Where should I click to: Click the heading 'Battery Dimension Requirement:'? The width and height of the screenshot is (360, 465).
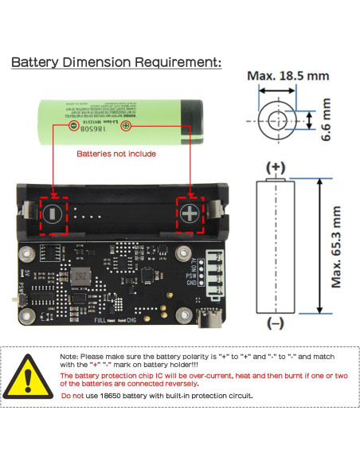point(115,63)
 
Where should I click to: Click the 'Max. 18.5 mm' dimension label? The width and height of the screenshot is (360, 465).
point(288,76)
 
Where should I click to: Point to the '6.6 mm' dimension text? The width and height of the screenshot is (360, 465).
point(325,119)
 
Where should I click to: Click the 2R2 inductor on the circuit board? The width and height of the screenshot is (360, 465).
point(79,276)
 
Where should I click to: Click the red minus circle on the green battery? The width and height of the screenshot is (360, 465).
point(73,126)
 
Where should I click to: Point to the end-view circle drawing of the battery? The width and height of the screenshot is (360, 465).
point(276,120)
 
